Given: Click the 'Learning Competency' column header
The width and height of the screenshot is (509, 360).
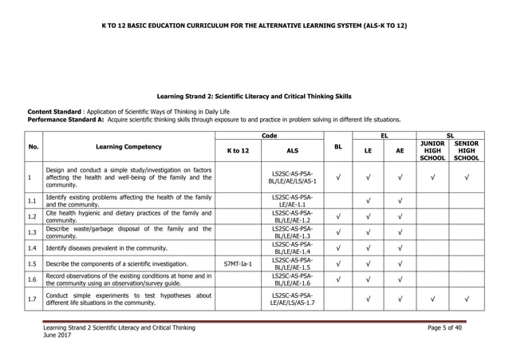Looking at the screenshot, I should [x=128, y=147].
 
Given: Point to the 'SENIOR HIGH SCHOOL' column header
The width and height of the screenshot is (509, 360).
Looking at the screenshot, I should [x=466, y=150].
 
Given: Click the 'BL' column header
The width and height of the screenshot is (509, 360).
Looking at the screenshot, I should [x=338, y=147].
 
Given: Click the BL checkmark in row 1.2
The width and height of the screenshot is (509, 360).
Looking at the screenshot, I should [x=338, y=216].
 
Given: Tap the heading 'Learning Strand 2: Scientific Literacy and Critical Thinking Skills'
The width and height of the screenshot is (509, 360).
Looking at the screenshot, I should [x=254, y=96].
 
